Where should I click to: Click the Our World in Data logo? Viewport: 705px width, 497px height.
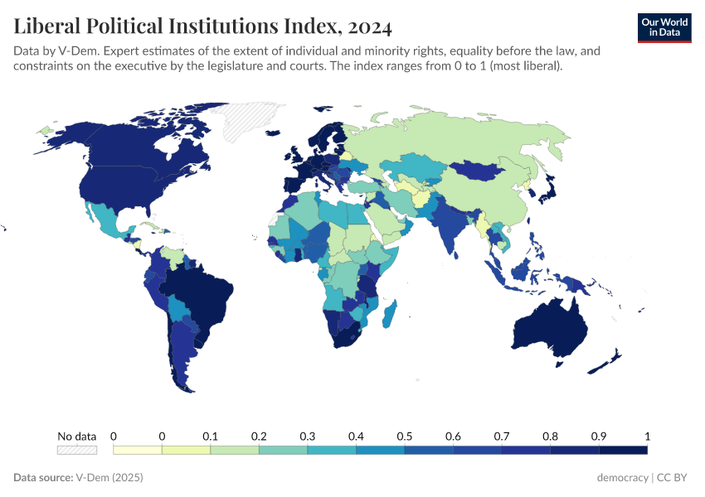664,27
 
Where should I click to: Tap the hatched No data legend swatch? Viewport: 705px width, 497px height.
76,450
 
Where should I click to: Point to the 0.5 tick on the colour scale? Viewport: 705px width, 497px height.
405,437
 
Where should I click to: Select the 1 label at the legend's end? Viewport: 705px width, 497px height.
647,437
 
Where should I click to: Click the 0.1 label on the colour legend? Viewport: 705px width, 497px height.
210,437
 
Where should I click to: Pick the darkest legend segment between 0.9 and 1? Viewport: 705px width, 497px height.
623,450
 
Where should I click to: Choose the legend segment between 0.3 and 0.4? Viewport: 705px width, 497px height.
332,450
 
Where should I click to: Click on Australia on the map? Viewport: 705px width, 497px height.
549,327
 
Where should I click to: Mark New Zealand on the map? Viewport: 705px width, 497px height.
612,359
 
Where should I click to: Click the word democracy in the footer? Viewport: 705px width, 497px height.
622,478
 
